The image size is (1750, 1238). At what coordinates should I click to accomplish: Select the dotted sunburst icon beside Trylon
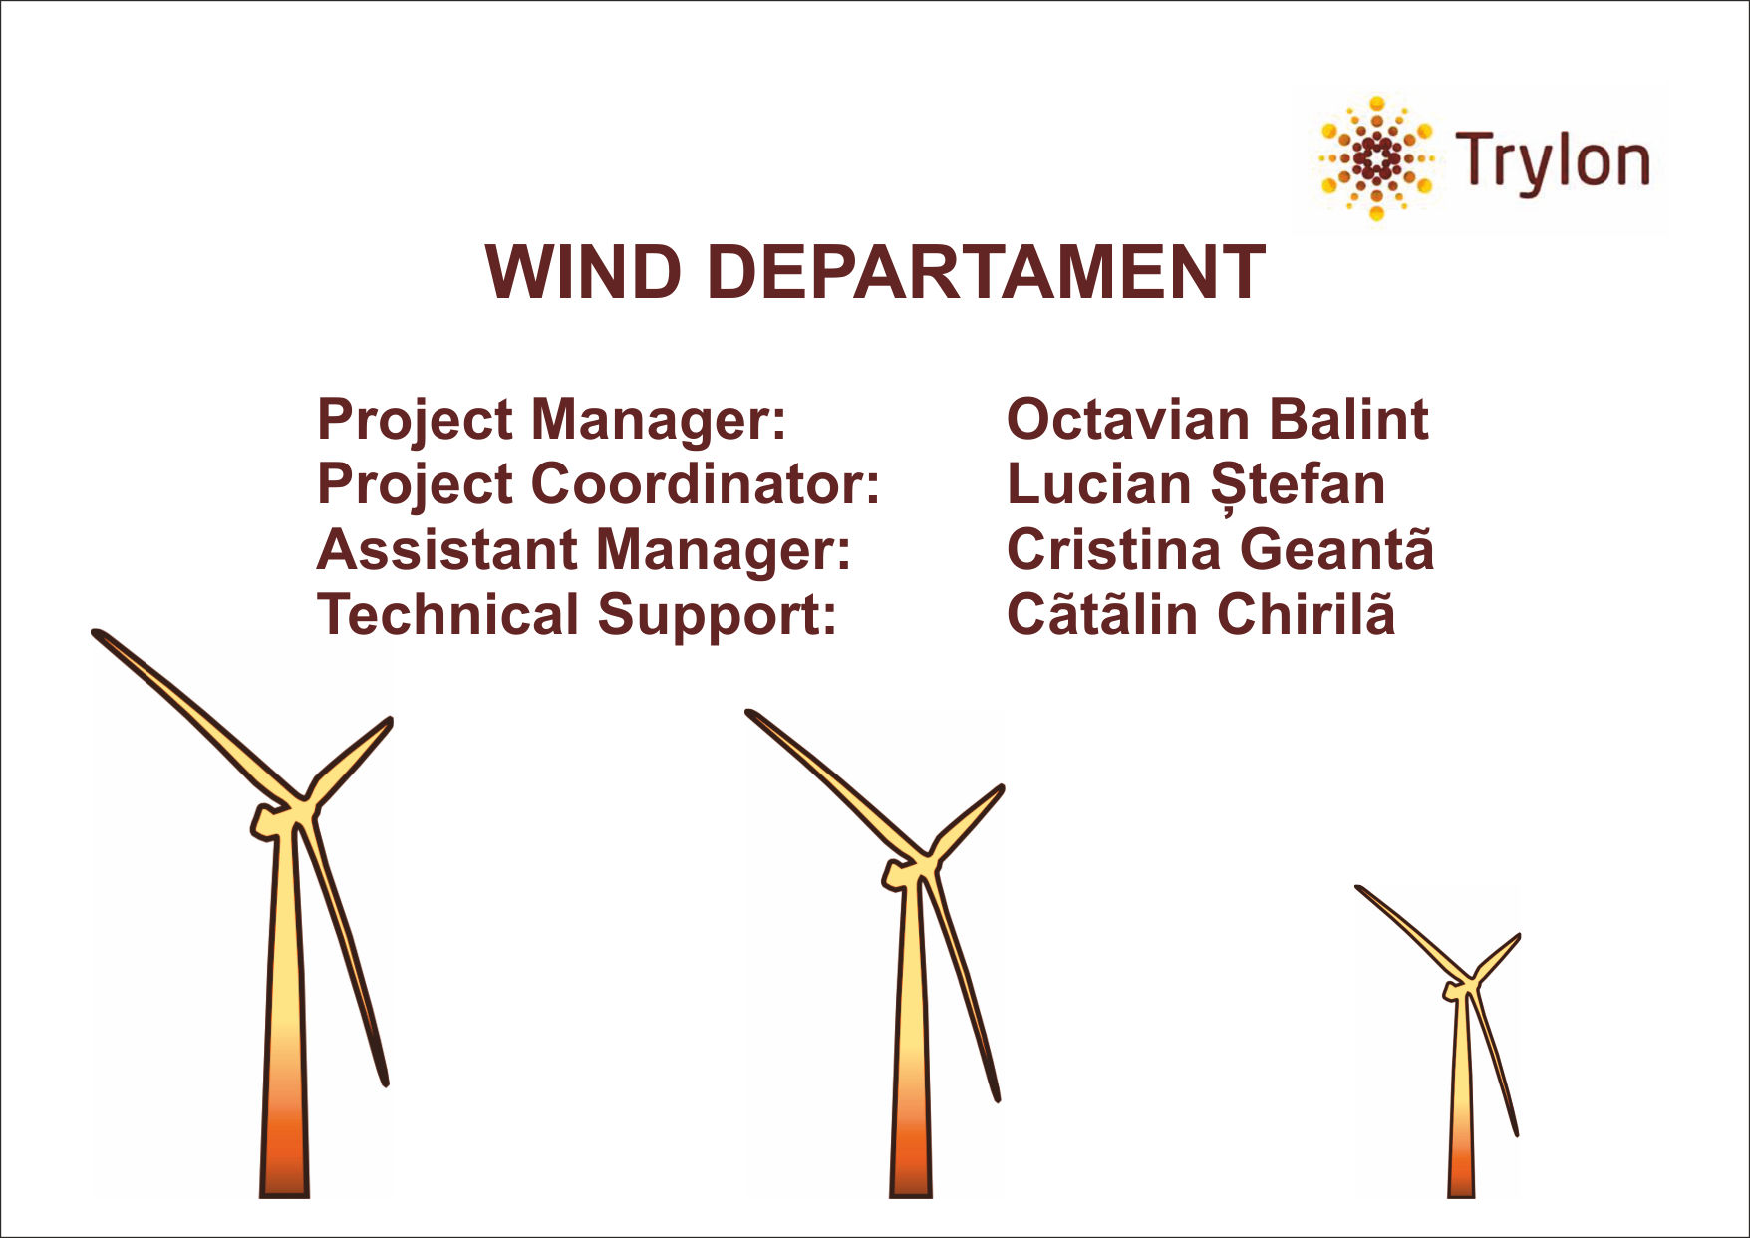pos(1376,157)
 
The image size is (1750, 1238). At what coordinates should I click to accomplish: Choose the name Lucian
pos(1098,484)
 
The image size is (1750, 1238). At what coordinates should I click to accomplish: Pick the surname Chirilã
pos(1306,614)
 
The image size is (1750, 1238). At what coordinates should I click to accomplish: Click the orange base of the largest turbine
pos(285,1146)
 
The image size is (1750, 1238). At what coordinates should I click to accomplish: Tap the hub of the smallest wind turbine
pos(1461,987)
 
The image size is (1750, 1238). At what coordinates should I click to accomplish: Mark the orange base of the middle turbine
pos(911,1156)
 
